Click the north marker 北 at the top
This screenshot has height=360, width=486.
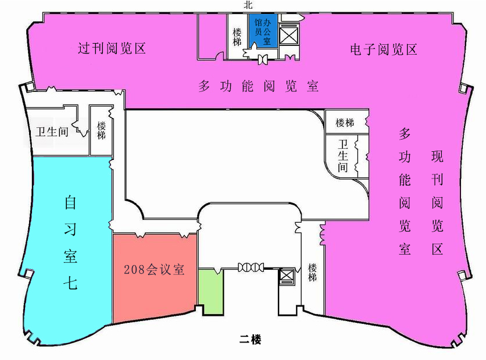click(248, 5)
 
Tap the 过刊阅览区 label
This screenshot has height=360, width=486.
click(112, 48)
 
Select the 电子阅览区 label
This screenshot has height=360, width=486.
click(384, 49)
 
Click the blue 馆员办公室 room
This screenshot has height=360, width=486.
click(263, 31)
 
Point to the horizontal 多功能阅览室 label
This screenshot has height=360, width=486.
click(259, 86)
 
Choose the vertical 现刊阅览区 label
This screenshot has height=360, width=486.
click(437, 203)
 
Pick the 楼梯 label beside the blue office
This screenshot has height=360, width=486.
click(237, 37)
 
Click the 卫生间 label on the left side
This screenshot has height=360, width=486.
click(52, 132)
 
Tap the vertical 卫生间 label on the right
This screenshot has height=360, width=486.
click(343, 156)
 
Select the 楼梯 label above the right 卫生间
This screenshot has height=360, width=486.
click(345, 123)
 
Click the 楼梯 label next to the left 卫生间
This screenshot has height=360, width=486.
click(101, 130)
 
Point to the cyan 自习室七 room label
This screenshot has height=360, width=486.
click(70, 242)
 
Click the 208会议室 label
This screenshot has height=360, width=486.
click(154, 269)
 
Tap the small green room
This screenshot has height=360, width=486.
click(211, 291)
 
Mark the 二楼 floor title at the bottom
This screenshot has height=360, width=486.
click(250, 339)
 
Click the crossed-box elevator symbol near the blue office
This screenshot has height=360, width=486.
click(288, 35)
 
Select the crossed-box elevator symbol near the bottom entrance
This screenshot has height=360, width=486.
click(286, 275)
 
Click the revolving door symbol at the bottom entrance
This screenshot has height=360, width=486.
click(251, 267)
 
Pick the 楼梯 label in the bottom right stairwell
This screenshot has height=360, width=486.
click(312, 273)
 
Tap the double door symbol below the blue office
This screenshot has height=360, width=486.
click(263, 59)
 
